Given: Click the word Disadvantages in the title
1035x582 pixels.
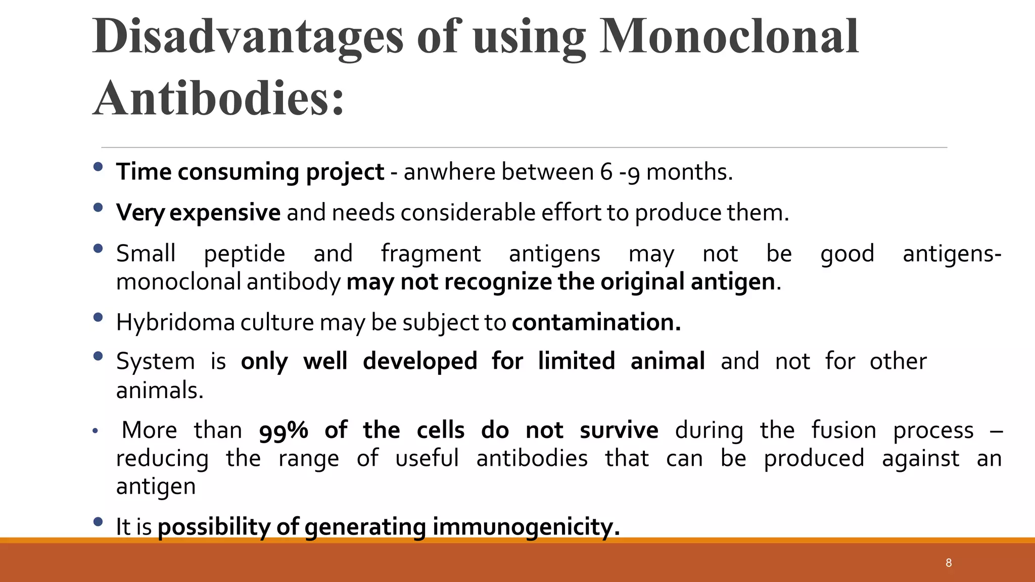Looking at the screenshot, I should (248, 36).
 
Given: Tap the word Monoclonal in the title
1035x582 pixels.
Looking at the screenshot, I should (729, 36).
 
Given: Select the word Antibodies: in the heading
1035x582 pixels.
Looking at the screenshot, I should (218, 98).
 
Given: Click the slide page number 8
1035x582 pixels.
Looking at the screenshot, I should (949, 563).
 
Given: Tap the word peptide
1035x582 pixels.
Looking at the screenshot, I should (245, 254).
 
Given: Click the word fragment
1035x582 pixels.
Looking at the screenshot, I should (431, 254).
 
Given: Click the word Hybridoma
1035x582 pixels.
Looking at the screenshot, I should (175, 322).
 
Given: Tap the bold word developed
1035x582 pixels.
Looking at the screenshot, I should (420, 361).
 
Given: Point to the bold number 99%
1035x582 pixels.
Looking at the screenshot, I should (284, 430).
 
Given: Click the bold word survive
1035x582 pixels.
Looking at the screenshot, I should (619, 430).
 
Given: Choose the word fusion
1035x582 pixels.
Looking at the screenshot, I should (843, 430).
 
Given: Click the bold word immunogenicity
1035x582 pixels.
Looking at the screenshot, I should (526, 527).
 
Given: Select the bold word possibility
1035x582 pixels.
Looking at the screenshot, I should (214, 527).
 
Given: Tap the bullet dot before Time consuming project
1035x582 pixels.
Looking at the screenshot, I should (98, 167).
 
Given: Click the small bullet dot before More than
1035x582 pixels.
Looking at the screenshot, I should (95, 431).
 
